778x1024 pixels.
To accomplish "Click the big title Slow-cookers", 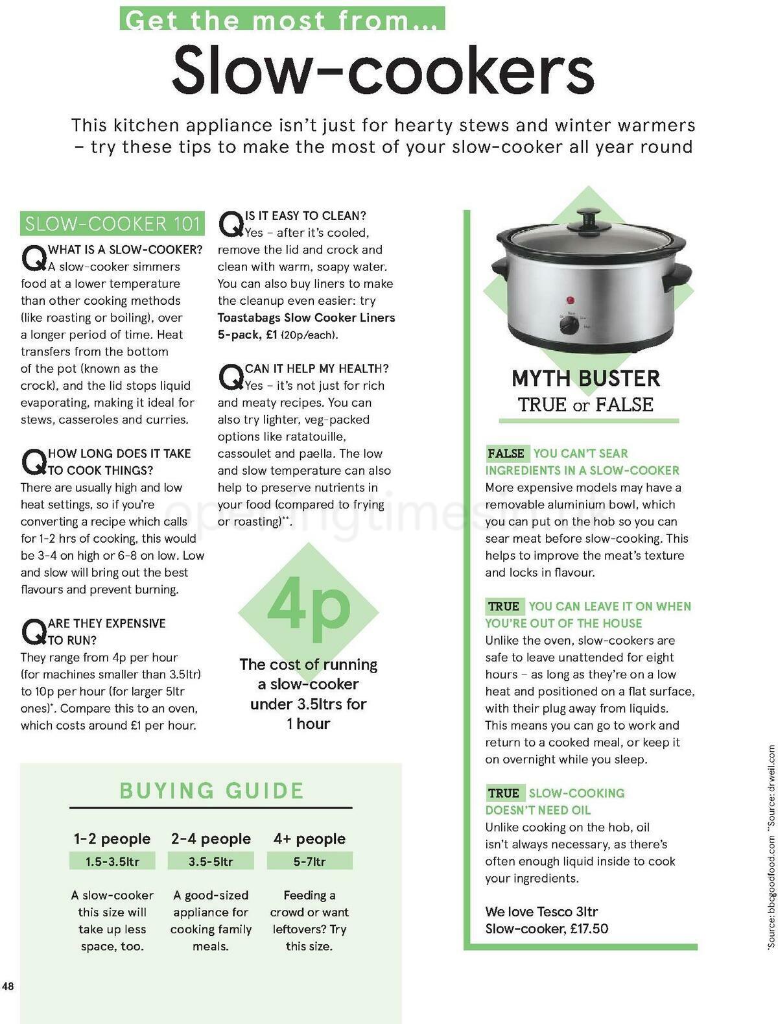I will pyautogui.click(x=383, y=69).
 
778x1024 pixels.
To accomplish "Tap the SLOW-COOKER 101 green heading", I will pyautogui.click(x=112, y=224).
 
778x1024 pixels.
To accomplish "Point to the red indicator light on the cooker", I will pyautogui.click(x=571, y=300).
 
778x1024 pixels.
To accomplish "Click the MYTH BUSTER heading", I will pyautogui.click(x=585, y=378).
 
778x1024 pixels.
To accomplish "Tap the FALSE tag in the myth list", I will pyautogui.click(x=506, y=453).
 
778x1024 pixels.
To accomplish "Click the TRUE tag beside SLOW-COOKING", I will pyautogui.click(x=504, y=793).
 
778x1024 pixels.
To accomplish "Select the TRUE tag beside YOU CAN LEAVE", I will pyautogui.click(x=504, y=606).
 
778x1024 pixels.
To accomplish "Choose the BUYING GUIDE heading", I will pyautogui.click(x=211, y=791).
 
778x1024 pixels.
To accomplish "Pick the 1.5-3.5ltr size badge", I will pyautogui.click(x=112, y=861).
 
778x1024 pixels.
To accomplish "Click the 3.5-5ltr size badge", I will pyautogui.click(x=211, y=861).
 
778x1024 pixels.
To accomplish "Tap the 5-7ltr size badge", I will pyautogui.click(x=309, y=861).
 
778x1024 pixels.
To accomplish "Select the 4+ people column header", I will pyautogui.click(x=309, y=839).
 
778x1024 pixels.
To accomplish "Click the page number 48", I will pyautogui.click(x=8, y=986).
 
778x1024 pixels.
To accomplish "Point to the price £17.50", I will pyautogui.click(x=589, y=929).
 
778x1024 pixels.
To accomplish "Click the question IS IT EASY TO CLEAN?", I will pyautogui.click(x=305, y=215).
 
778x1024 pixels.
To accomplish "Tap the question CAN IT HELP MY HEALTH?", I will pyautogui.click(x=316, y=368).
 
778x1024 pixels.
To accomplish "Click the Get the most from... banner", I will pyautogui.click(x=283, y=19).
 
